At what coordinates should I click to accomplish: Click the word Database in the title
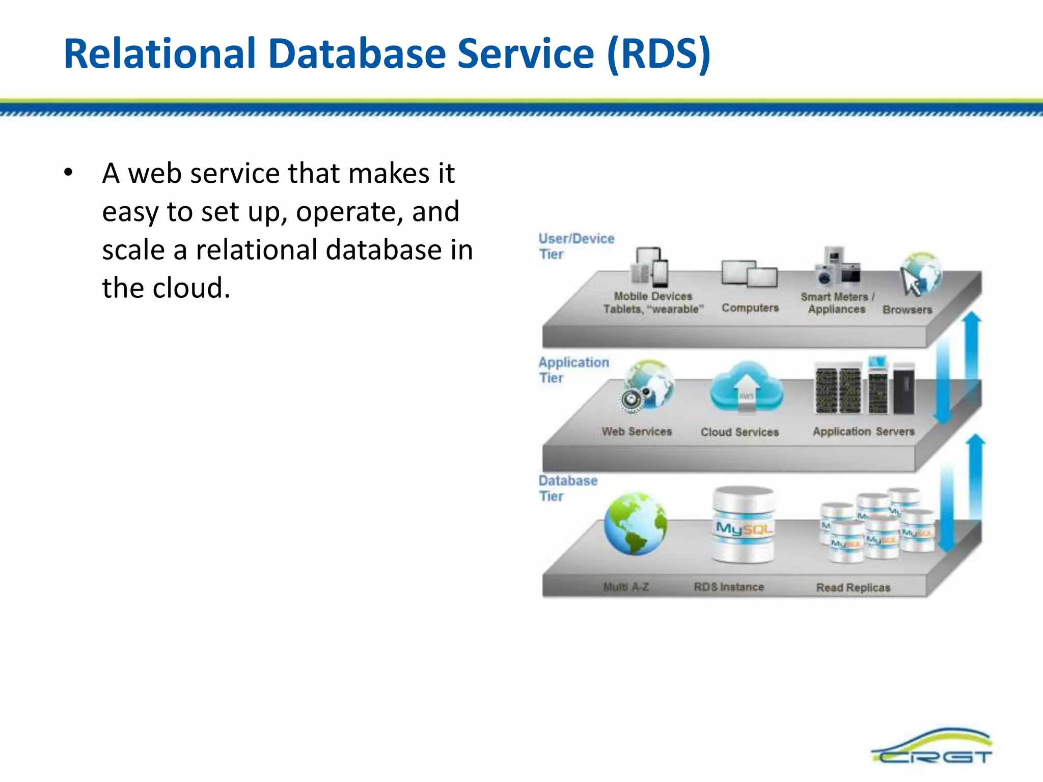point(356,54)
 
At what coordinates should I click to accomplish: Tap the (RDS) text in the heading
point(658,54)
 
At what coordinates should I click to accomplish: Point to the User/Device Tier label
point(575,246)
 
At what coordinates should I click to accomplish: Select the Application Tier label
point(573,370)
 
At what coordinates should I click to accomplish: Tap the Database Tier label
point(567,488)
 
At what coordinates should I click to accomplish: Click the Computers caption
point(750,308)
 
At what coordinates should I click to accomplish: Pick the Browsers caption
point(907,310)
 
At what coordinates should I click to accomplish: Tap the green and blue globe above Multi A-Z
point(635,524)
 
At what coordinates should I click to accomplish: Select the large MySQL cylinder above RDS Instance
point(744,524)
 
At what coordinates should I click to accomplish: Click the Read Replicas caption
point(853,588)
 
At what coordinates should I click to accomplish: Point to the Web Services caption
point(637,431)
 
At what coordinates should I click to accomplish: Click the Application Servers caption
point(863,431)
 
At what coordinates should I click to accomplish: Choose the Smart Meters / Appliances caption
point(837,303)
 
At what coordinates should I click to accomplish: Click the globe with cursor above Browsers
point(920,274)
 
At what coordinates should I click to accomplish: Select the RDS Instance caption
point(729,587)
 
